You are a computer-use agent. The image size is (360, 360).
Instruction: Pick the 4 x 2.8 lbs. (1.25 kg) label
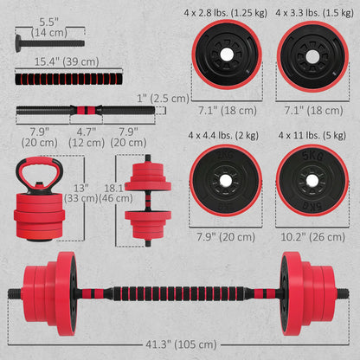227,14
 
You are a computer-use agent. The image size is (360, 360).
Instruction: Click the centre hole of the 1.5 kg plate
312,55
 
